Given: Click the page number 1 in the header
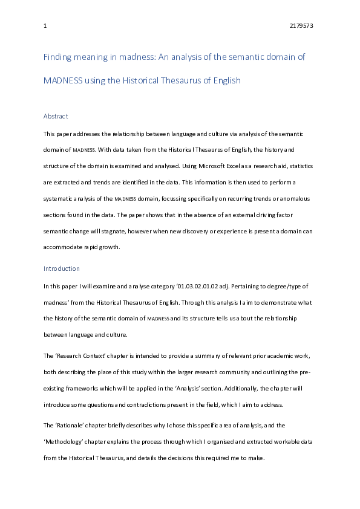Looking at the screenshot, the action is coord(45,27).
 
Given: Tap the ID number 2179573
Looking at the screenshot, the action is coord(302,27).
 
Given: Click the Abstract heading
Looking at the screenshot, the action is coord(56,116).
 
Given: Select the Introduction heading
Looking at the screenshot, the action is coord(62,268).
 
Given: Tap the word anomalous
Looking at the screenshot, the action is coord(296,198).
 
